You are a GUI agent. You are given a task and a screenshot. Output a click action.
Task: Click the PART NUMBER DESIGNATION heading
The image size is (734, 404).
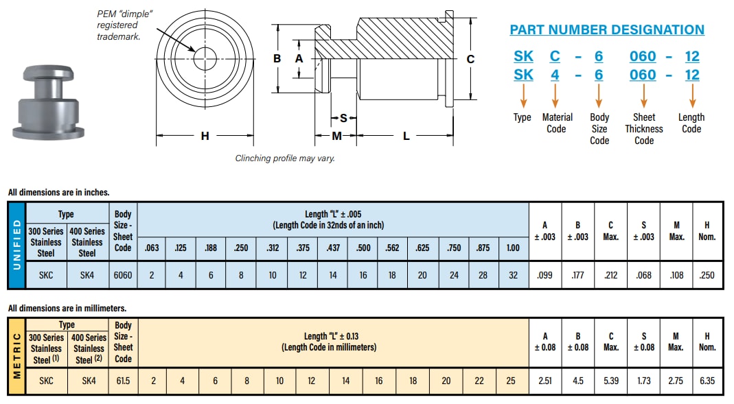pyautogui.click(x=606, y=30)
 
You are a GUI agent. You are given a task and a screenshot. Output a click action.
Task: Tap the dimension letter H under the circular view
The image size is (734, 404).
pyautogui.click(x=205, y=136)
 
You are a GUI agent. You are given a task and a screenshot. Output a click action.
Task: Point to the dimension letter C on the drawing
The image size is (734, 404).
pyautogui.click(x=470, y=59)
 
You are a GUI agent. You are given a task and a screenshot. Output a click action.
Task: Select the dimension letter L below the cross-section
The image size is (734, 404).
pyautogui.click(x=406, y=136)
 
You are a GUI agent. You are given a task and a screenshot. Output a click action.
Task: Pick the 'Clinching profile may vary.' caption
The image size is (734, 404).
pyautogui.click(x=285, y=158)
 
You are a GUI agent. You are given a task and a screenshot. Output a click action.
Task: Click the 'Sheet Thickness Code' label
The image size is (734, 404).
pyautogui.click(x=643, y=129)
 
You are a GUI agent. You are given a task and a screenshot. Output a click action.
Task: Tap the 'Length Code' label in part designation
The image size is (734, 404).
pyautogui.click(x=691, y=123)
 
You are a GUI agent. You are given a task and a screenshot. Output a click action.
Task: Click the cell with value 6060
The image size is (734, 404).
pyautogui.click(x=123, y=275)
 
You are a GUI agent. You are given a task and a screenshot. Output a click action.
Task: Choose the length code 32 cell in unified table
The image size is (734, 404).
pyautogui.click(x=513, y=275)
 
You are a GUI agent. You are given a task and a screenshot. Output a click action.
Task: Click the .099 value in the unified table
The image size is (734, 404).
pyautogui.click(x=545, y=275)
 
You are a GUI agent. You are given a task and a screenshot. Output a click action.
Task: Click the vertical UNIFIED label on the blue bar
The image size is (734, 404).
pyautogui.click(x=16, y=245)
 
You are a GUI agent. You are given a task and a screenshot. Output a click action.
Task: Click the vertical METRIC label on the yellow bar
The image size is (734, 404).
pyautogui.click(x=16, y=356)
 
